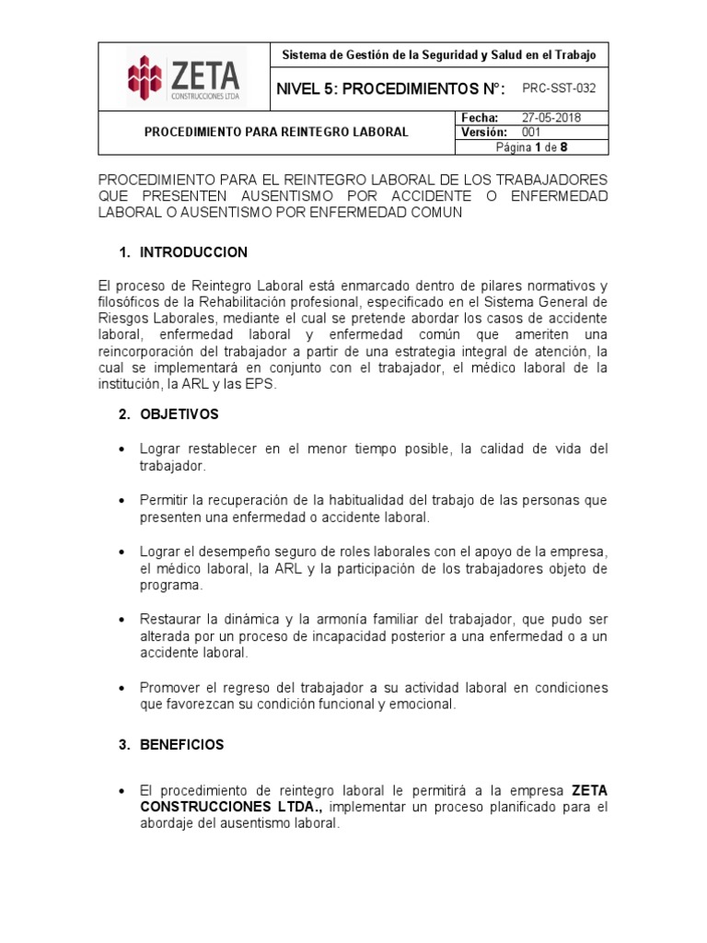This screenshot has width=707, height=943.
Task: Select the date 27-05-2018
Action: [x=551, y=118]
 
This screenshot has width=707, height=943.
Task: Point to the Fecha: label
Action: [x=478, y=118]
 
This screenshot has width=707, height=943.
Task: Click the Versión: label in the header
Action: [x=482, y=133]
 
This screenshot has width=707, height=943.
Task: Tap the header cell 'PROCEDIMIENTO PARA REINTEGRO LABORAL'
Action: [x=276, y=132]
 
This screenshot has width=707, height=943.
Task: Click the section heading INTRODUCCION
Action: [x=193, y=252]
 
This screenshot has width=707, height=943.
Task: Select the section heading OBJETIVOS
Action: [x=180, y=414]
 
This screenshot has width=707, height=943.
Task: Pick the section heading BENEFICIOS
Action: [x=182, y=745]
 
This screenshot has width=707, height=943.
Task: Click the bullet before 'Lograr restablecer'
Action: [x=122, y=449]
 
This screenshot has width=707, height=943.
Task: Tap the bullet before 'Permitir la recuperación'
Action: [x=122, y=501]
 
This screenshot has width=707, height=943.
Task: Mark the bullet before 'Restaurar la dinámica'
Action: [x=122, y=619]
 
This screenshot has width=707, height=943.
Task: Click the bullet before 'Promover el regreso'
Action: [x=122, y=689]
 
